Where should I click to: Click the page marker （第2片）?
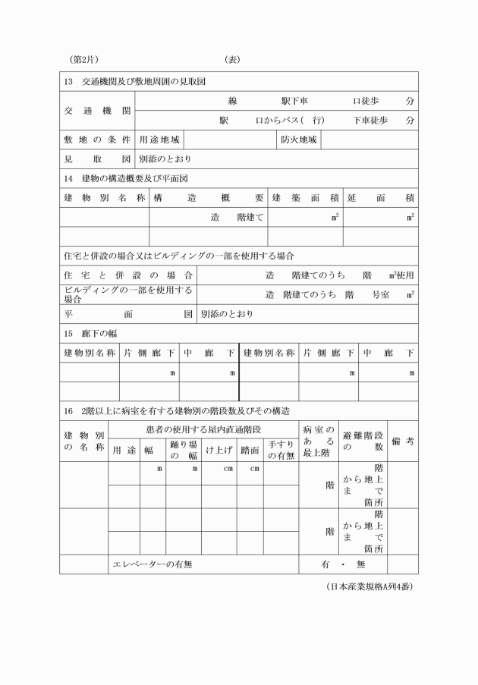[x=84, y=59]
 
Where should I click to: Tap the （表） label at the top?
[x=232, y=59]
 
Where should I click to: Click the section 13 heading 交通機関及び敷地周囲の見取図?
[x=137, y=81]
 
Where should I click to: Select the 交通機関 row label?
[x=96, y=111]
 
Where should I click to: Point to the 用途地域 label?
[x=159, y=140]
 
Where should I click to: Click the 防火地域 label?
[x=298, y=140]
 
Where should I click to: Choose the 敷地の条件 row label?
[x=96, y=140]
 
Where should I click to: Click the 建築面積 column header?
[x=305, y=198]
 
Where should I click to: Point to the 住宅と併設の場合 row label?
[x=127, y=275]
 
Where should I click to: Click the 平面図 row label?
[x=127, y=313]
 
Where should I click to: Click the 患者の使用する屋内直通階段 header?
[x=203, y=430]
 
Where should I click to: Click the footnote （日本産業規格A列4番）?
[x=369, y=586]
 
